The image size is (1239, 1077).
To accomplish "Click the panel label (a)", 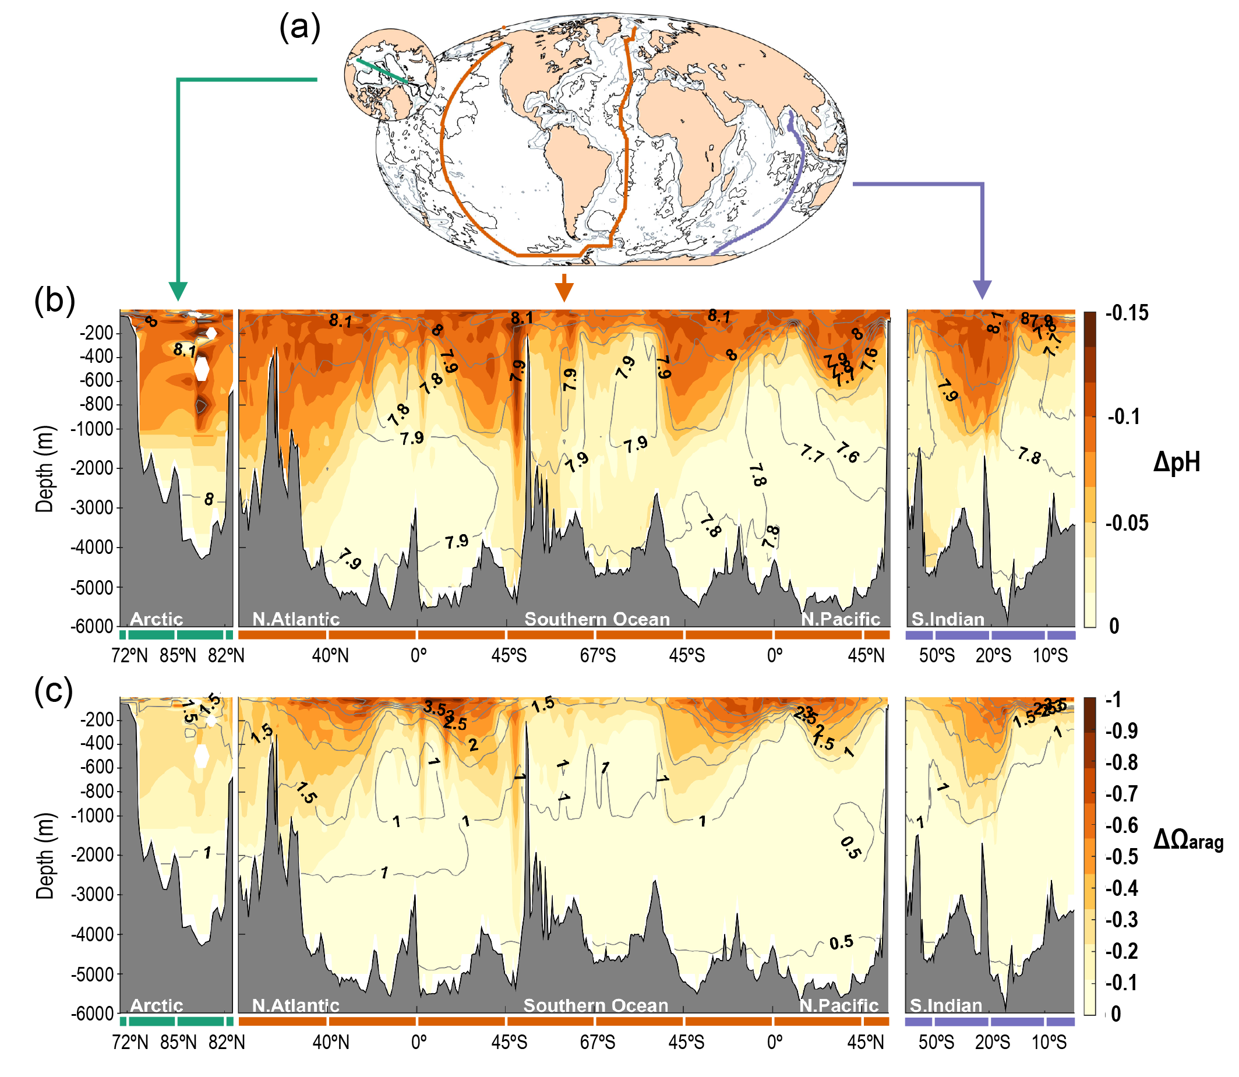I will click(x=300, y=28).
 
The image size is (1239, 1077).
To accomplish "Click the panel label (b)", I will click(x=55, y=301).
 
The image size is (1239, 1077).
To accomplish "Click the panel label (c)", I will click(x=54, y=691).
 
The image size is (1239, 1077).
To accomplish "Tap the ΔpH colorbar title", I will click(x=1176, y=462).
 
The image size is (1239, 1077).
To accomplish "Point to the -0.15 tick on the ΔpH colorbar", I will click(x=1128, y=313).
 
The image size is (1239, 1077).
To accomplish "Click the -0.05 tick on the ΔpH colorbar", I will click(x=1127, y=523).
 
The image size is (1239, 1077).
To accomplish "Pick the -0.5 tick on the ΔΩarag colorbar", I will click(x=1122, y=856).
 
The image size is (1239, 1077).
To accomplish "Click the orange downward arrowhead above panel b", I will click(x=564, y=292).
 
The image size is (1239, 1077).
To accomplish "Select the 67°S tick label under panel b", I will click(x=597, y=656).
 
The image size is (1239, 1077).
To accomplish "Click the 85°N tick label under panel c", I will click(x=178, y=1043).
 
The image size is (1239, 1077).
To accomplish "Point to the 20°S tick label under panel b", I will click(x=993, y=656).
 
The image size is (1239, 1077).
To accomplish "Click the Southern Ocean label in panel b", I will click(x=596, y=619).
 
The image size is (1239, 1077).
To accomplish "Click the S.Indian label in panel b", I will click(x=948, y=619).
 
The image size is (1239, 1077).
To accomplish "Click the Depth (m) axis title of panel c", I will click(x=45, y=856).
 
